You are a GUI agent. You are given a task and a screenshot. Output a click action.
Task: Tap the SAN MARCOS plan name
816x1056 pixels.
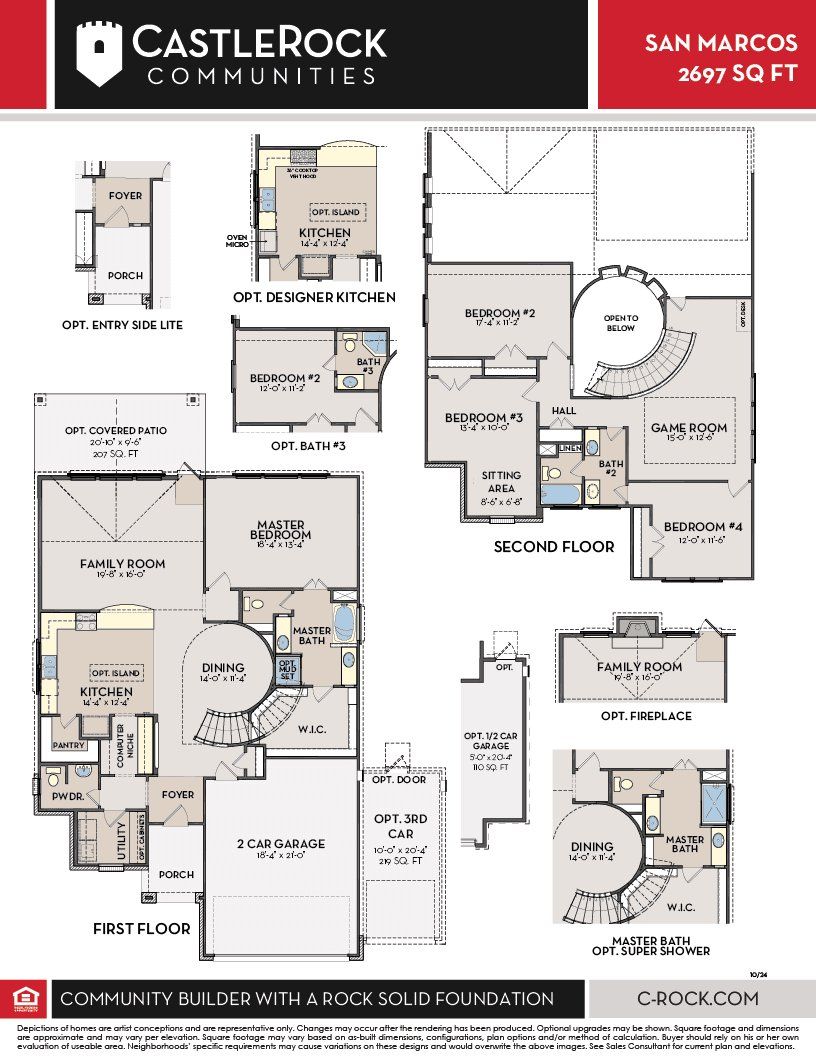point(721,43)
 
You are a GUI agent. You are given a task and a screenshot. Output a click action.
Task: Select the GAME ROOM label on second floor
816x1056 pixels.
point(689,428)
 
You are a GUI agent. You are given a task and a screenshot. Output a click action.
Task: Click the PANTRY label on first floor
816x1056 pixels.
point(68,745)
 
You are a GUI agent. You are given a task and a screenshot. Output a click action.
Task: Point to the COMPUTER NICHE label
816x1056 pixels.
point(120,745)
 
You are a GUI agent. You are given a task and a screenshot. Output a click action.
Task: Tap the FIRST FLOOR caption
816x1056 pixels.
point(142,929)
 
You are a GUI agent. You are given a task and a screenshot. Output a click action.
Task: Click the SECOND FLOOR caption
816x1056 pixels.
point(554,547)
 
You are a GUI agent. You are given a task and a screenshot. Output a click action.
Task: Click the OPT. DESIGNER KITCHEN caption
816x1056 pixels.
point(313,297)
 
